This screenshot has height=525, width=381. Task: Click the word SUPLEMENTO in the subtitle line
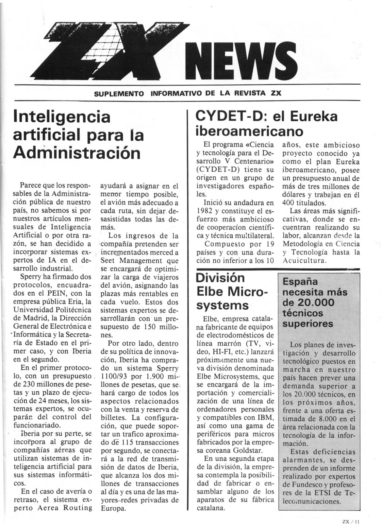[x=119, y=93]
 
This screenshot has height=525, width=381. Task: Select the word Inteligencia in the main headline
[x=62, y=117]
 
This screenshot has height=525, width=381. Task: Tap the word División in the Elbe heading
[x=220, y=278]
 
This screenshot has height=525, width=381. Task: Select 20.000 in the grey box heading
[x=315, y=302]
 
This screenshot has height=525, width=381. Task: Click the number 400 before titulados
[x=289, y=203]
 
